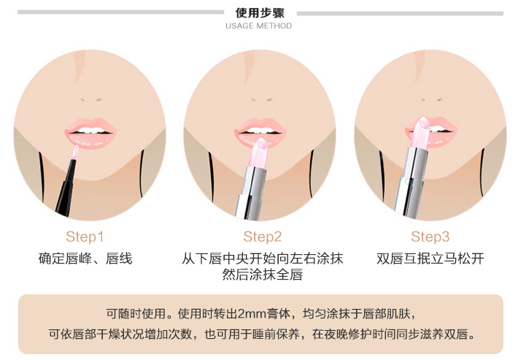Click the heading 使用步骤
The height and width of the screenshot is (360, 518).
click(x=260, y=12)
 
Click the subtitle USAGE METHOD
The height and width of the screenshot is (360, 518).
click(x=259, y=26)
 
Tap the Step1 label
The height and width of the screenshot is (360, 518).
click(x=85, y=237)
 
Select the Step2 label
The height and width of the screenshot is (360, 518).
click(x=263, y=237)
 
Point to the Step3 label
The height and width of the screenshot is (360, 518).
click(x=430, y=237)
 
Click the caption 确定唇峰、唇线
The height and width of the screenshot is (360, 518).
click(x=85, y=258)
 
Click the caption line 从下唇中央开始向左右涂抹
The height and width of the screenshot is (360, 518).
click(x=263, y=258)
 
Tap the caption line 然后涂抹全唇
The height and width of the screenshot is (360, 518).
click(x=263, y=275)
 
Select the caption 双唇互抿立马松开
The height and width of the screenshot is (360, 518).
click(x=430, y=258)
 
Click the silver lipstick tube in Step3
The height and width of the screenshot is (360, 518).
click(x=411, y=183)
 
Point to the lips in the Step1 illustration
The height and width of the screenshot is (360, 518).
click(x=91, y=133)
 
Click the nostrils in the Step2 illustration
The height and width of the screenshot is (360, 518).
click(x=261, y=99)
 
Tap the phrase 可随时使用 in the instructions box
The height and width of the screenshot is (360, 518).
click(x=136, y=313)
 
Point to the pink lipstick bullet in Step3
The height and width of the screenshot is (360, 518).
click(x=420, y=132)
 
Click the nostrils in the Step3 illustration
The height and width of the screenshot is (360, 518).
click(x=431, y=99)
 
